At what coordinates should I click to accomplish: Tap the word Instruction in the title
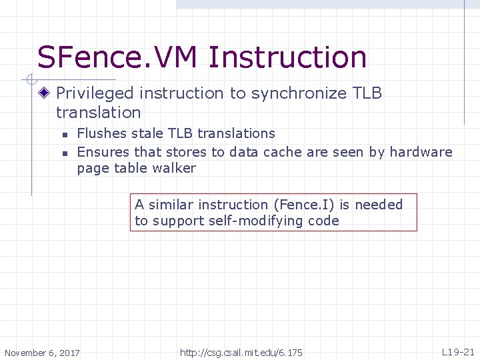pyautogui.click(x=287, y=57)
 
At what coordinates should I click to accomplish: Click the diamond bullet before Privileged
pyautogui.click(x=45, y=93)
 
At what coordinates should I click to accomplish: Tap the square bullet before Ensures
pyautogui.click(x=65, y=153)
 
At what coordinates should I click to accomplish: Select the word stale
pyautogui.click(x=145, y=134)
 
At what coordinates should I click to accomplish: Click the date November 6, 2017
pyautogui.click(x=42, y=352)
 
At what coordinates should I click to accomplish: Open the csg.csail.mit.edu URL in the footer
pyautogui.click(x=241, y=352)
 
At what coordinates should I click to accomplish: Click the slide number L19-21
pyautogui.click(x=458, y=351)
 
